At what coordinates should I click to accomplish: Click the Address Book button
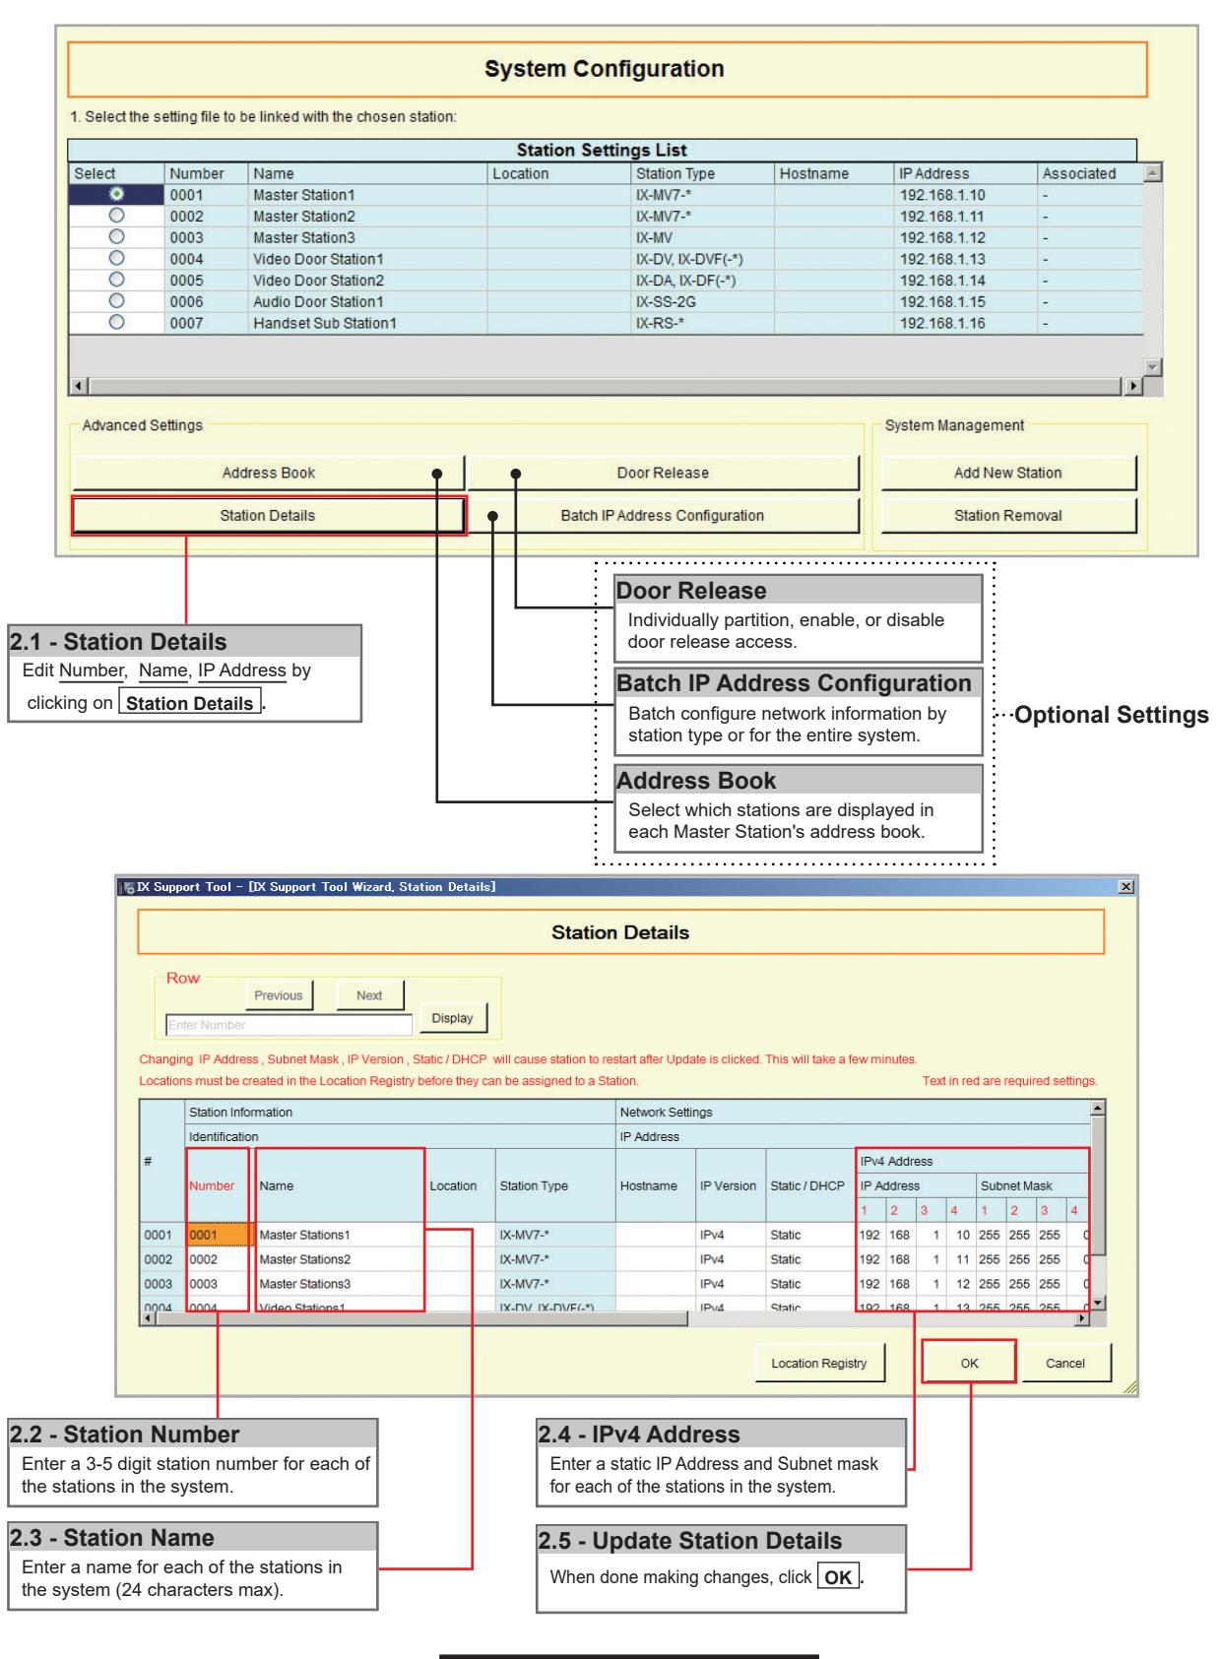[268, 473]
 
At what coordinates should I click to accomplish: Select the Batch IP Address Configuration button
[663, 516]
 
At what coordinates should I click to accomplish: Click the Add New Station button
[1007, 473]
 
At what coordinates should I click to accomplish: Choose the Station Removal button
[1007, 516]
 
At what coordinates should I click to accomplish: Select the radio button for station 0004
[116, 258]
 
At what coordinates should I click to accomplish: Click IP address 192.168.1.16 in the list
[941, 323]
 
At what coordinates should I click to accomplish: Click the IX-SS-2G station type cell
[666, 301]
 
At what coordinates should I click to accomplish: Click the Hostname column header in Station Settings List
[813, 173]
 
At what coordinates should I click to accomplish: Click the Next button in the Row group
[369, 995]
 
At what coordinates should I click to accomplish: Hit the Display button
[453, 1018]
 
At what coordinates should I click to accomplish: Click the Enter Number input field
[289, 1025]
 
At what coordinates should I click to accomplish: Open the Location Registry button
[819, 1363]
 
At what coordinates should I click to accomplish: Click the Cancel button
[1065, 1363]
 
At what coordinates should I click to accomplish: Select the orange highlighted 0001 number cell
[217, 1235]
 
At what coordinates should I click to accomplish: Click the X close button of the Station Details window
[1125, 886]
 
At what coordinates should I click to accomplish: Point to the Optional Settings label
[1112, 715]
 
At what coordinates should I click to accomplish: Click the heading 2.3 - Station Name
[112, 1538]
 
